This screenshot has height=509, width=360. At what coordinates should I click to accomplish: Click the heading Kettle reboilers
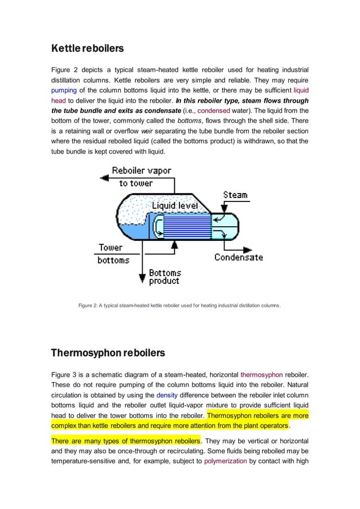click(x=87, y=49)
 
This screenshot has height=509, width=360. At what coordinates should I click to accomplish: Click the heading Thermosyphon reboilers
click(x=108, y=354)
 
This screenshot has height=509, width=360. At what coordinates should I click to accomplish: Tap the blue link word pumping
click(x=64, y=90)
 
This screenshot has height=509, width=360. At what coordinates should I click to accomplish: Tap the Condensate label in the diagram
click(x=238, y=257)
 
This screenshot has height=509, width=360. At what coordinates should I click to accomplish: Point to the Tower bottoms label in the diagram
click(x=112, y=253)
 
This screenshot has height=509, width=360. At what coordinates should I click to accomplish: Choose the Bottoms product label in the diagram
click(x=164, y=277)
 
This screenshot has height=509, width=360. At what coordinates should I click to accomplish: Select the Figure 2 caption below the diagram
click(x=179, y=306)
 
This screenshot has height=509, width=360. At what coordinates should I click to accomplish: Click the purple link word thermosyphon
click(x=259, y=374)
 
